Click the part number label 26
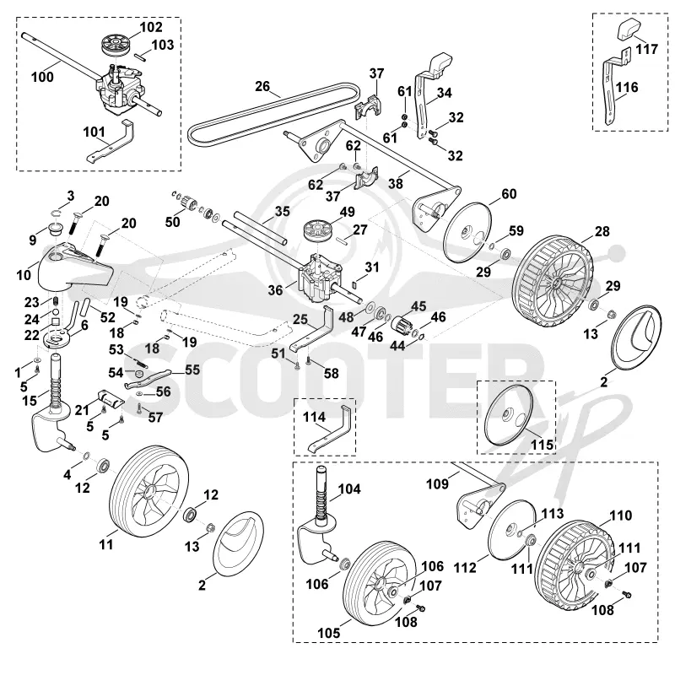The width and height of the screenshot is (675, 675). coord(262,87)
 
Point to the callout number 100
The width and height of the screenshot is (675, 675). coord(42,77)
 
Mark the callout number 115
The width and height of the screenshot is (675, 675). coord(542,445)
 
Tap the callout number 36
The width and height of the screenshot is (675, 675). coord(276,290)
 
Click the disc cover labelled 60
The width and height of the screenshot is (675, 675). coord(467,233)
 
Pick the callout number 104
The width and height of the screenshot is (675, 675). coord(349,489)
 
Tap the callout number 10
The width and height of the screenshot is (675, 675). coord(24,275)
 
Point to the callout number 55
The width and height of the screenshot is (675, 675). coord(192,370)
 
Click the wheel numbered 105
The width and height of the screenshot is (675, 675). coord(381,583)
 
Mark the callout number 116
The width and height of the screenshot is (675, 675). coord(627,88)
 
